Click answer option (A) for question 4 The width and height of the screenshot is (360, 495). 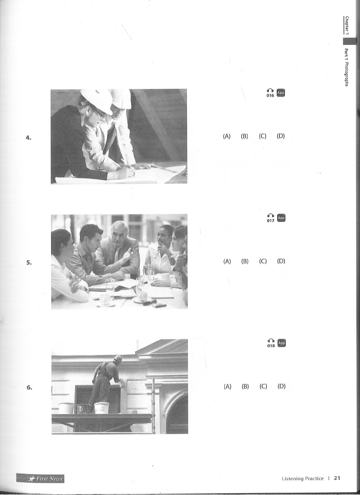click(x=227, y=136)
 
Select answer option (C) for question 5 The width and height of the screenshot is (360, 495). click(x=263, y=261)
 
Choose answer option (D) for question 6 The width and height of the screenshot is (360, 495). click(x=281, y=386)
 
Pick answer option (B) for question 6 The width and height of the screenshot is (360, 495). click(x=245, y=386)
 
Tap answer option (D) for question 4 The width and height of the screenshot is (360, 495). click(x=281, y=136)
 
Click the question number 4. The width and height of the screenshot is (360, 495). click(x=28, y=137)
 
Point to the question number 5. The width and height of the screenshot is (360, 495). click(x=29, y=262)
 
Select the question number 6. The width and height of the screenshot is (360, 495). click(x=29, y=388)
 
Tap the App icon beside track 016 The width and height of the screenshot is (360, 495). click(x=281, y=93)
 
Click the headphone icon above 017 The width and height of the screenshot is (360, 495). click(x=271, y=216)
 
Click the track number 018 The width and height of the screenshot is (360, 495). click(x=271, y=345)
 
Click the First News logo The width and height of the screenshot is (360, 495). click(x=40, y=478)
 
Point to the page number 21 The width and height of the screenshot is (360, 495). click(x=337, y=478)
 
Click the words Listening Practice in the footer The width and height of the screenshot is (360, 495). click(x=303, y=478)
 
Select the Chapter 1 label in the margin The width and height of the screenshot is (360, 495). click(x=347, y=25)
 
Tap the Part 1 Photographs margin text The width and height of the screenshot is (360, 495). click(x=346, y=67)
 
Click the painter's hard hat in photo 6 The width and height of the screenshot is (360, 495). click(x=117, y=359)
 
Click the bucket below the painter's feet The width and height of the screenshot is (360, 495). click(x=102, y=407)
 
